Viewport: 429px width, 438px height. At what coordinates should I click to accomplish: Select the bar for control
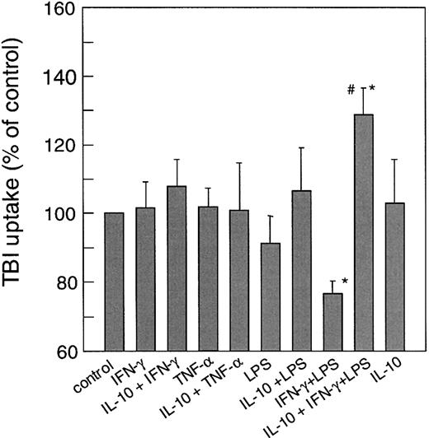click(115, 282)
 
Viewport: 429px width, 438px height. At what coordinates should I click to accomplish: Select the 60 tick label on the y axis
click(68, 351)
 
